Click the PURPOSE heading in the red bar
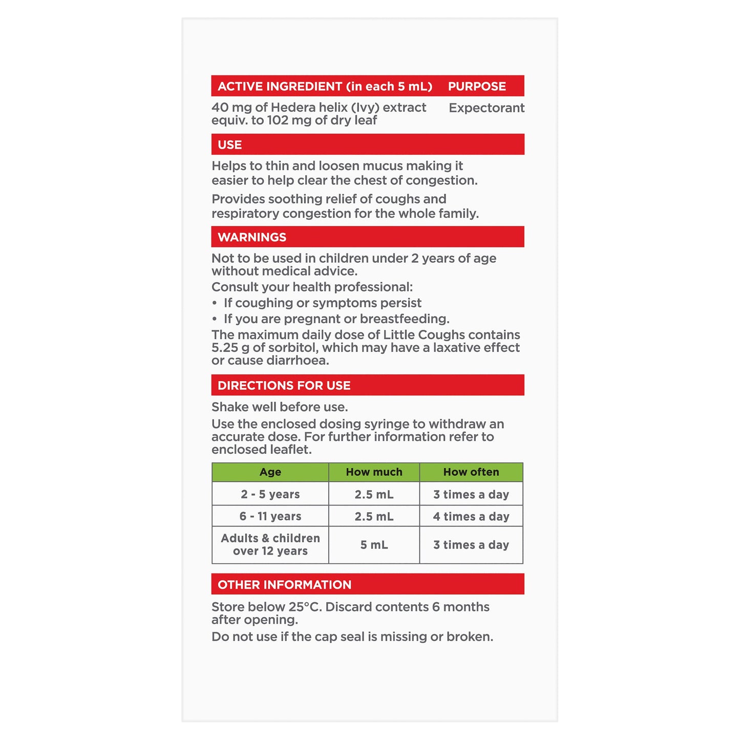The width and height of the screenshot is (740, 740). click(x=477, y=87)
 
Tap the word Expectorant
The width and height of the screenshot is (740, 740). click(x=487, y=108)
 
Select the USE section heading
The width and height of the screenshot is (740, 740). click(x=229, y=145)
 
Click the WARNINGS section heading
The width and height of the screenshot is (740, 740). click(x=252, y=237)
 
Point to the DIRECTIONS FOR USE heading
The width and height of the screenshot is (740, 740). click(x=284, y=386)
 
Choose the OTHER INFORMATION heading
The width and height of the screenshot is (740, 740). click(x=284, y=585)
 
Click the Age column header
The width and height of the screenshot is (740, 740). click(x=270, y=472)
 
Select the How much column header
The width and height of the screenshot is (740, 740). click(x=374, y=472)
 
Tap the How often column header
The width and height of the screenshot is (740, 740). click(x=471, y=472)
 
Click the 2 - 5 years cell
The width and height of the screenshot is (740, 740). click(x=270, y=495)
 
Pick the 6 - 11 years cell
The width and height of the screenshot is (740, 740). click(x=270, y=517)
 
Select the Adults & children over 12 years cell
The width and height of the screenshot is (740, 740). click(x=270, y=545)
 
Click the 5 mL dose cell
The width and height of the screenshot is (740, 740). click(x=374, y=545)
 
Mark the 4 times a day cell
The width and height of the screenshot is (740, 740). click(x=471, y=517)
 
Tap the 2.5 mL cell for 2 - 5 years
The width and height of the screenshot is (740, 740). click(x=374, y=495)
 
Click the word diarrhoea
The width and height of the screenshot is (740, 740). click(x=299, y=361)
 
